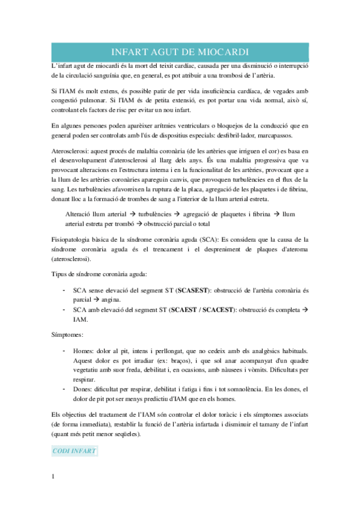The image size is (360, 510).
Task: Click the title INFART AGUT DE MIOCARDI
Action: tap(180, 51)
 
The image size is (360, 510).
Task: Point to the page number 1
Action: tap(53, 478)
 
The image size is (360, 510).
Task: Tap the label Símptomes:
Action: tap(68, 334)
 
